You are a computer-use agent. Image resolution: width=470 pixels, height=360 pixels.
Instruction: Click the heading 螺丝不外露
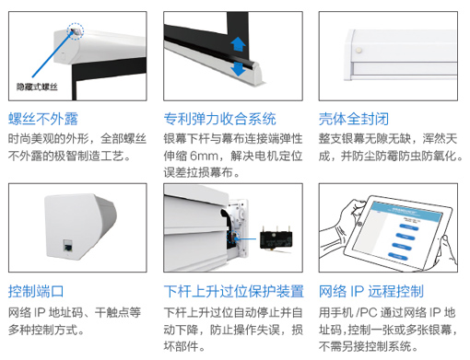point(43,119)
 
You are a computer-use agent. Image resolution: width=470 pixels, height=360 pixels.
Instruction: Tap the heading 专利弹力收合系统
point(220,119)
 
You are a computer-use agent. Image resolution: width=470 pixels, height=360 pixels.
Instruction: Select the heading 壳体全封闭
point(354,119)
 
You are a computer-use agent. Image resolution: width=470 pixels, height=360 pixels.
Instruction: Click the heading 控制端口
point(36,291)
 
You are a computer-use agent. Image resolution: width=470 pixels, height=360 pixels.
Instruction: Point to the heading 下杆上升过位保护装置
point(234,291)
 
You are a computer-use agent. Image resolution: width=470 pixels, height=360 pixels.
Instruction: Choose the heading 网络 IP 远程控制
point(371,291)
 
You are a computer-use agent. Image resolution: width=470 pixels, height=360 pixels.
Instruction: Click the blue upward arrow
point(238,44)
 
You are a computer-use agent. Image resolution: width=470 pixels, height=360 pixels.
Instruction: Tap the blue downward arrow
point(238,69)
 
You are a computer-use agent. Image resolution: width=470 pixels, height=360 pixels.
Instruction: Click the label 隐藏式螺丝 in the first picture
point(37,87)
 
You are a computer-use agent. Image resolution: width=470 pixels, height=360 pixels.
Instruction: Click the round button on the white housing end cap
point(358,50)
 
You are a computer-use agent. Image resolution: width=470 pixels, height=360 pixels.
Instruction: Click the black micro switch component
point(276,240)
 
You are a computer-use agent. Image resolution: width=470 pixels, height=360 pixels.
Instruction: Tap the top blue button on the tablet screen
point(409,227)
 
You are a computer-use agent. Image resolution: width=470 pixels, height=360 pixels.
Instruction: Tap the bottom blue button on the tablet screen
point(398,256)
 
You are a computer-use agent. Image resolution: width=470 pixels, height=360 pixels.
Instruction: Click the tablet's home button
point(359,224)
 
